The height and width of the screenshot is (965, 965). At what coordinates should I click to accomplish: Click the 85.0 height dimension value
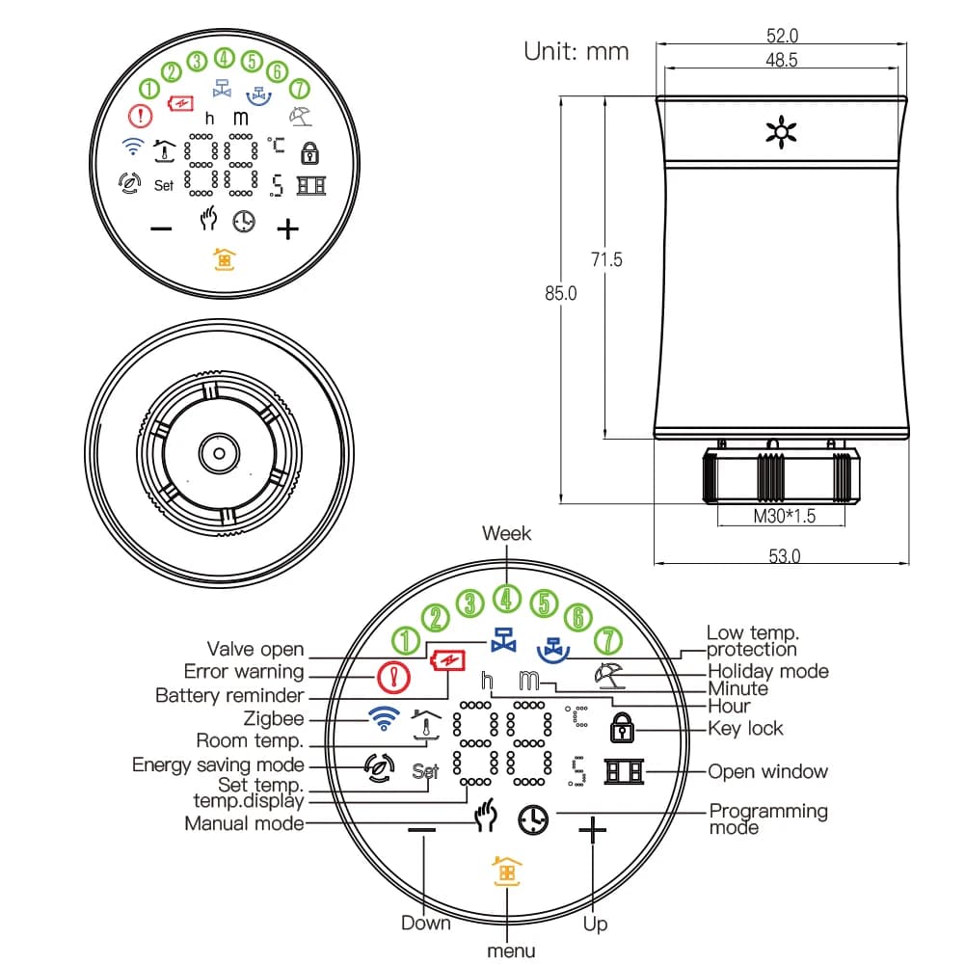click(560, 294)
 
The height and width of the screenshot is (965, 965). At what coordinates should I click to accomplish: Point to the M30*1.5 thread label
click(783, 516)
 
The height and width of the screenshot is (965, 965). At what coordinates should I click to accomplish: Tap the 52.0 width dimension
click(781, 36)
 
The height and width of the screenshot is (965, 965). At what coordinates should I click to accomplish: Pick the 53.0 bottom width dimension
click(783, 555)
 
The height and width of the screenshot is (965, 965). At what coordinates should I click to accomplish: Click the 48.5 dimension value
click(781, 60)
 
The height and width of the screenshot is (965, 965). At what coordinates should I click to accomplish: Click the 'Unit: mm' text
click(576, 51)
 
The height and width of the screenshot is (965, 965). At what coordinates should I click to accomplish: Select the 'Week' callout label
click(506, 533)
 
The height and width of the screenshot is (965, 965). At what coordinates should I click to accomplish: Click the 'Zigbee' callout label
click(273, 718)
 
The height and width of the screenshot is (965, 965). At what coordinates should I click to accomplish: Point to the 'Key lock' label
click(745, 729)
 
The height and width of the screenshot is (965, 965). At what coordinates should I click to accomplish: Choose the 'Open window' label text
click(767, 771)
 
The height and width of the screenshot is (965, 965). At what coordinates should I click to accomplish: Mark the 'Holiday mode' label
click(767, 671)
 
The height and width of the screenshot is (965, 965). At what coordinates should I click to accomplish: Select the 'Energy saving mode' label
click(218, 764)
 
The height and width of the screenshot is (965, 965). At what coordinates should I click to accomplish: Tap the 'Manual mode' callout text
click(244, 823)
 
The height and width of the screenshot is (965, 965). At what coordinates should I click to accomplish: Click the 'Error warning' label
click(244, 672)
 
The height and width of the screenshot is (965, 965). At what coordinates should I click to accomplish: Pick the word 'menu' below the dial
click(511, 951)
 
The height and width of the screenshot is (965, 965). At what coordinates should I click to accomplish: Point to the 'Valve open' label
click(255, 650)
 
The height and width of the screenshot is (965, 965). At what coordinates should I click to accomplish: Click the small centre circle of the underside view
click(220, 452)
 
